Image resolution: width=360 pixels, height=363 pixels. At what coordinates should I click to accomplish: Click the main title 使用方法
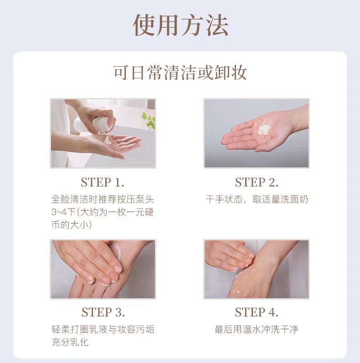click(181, 25)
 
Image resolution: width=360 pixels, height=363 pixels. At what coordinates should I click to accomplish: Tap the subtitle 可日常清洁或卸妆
click(180, 73)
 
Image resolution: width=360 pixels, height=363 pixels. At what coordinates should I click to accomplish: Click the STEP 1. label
click(103, 182)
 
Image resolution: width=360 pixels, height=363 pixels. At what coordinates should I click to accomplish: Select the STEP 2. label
click(257, 182)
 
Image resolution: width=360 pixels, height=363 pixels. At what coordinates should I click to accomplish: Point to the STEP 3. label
click(103, 312)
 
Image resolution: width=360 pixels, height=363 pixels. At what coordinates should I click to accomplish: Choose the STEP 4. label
click(257, 312)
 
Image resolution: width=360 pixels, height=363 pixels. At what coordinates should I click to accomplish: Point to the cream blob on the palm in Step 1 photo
click(108, 140)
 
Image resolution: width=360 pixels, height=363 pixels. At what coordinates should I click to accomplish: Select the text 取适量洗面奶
click(280, 199)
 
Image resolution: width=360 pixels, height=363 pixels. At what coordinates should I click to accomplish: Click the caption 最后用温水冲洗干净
click(257, 329)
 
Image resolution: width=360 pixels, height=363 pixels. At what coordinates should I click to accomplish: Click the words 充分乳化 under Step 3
click(70, 342)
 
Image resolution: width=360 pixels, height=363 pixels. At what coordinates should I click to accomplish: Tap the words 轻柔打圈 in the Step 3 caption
click(70, 329)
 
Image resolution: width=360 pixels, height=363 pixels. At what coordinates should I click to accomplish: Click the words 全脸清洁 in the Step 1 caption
click(70, 199)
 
